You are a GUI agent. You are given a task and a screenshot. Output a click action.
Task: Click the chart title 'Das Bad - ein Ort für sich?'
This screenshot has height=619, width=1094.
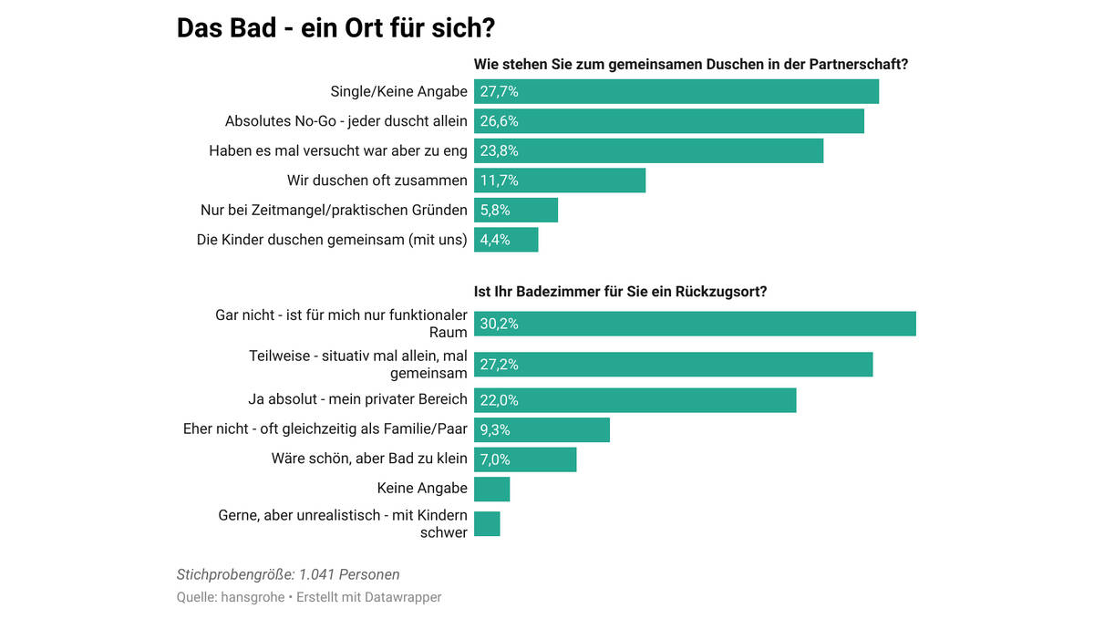[x=335, y=28]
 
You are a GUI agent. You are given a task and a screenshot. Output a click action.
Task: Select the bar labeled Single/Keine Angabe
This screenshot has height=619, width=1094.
[x=676, y=91]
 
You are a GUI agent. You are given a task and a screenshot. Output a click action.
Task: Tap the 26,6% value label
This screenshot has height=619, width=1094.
[x=499, y=121]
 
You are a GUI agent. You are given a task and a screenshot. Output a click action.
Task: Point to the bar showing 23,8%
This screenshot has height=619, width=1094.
[x=648, y=151]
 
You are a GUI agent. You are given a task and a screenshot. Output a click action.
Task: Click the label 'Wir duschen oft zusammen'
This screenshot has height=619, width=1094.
[x=377, y=181]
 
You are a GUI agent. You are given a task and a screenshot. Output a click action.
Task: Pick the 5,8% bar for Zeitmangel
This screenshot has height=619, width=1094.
[x=516, y=211]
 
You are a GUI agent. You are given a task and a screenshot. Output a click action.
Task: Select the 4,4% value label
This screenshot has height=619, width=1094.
[x=495, y=240]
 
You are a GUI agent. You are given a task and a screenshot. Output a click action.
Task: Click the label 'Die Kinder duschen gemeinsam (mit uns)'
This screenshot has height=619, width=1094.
[x=332, y=240]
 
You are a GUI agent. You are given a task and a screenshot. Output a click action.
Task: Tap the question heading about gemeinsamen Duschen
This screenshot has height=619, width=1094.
[x=691, y=65]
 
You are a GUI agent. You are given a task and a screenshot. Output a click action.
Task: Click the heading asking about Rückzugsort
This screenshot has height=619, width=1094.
[x=620, y=292]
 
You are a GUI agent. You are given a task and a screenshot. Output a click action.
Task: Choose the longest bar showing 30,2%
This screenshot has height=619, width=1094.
[x=695, y=324]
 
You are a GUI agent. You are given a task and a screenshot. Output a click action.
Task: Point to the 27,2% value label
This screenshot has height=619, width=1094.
[x=499, y=365]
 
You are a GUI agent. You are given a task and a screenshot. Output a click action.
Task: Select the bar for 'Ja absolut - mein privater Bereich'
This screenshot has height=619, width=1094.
[x=635, y=400]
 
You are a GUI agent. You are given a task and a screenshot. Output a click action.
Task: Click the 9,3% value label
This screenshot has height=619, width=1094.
[x=495, y=430]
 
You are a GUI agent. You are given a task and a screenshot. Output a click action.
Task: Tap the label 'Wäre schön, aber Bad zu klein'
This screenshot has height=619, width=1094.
[x=369, y=459]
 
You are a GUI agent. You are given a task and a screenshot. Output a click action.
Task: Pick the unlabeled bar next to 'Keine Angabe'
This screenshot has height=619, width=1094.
[x=491, y=489]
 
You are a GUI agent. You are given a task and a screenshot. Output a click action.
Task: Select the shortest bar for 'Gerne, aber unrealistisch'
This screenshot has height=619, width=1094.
[x=487, y=523]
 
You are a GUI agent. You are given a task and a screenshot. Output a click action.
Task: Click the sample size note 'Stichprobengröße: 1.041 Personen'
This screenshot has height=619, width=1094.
[x=288, y=574]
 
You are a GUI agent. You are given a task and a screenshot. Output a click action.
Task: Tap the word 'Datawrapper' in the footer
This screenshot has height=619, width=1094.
[x=403, y=597]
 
